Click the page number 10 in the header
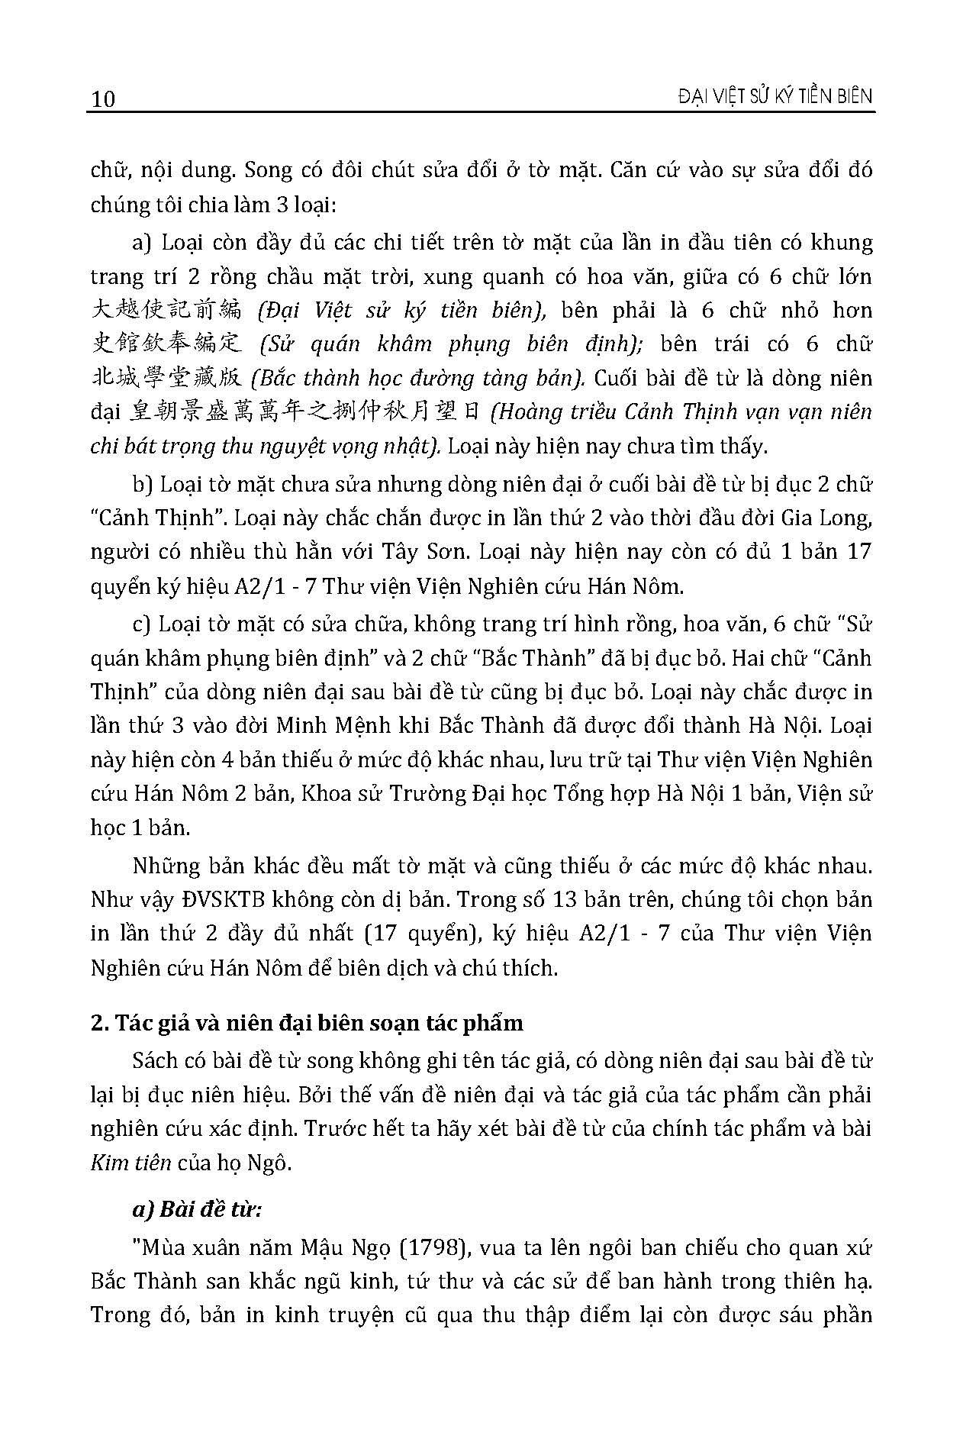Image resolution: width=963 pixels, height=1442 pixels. pyautogui.click(x=103, y=99)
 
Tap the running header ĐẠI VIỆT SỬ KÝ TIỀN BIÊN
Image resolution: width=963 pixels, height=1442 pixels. pyautogui.click(x=764, y=96)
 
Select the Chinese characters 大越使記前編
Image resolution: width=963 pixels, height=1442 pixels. pyautogui.click(x=166, y=310)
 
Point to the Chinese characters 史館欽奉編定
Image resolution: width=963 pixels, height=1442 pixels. pyautogui.click(x=166, y=344)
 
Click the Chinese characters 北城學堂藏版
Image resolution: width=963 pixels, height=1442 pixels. pyautogui.click(x=166, y=379)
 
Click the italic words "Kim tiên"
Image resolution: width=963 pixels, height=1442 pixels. pyautogui.click(x=130, y=1163)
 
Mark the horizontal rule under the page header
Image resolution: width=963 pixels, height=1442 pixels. pyautogui.click(x=481, y=113)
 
